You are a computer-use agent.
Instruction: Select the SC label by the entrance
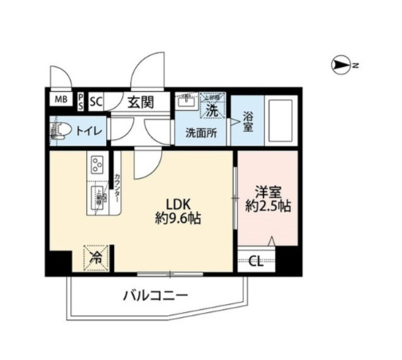(x=97, y=101)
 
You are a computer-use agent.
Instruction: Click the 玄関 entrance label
(x=144, y=101)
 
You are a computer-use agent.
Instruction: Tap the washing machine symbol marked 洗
(x=212, y=105)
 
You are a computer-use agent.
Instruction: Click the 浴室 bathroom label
(x=248, y=121)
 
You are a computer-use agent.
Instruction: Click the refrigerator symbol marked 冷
(x=96, y=256)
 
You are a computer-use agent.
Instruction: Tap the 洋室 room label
(x=266, y=192)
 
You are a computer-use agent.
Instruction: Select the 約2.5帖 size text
(x=267, y=208)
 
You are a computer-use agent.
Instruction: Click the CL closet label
(x=256, y=260)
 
